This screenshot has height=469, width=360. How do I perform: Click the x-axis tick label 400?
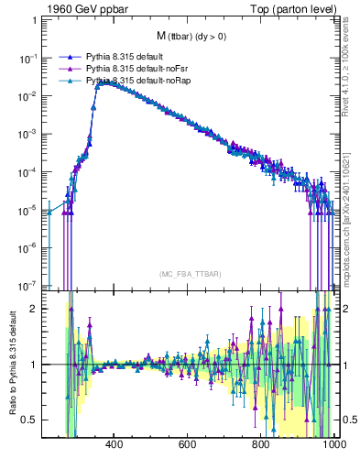tap(115, 445)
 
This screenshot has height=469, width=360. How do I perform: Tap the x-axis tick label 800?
tap(261, 445)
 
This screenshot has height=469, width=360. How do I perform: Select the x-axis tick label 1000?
tap(332, 445)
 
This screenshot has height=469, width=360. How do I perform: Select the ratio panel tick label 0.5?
tap(30, 420)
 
